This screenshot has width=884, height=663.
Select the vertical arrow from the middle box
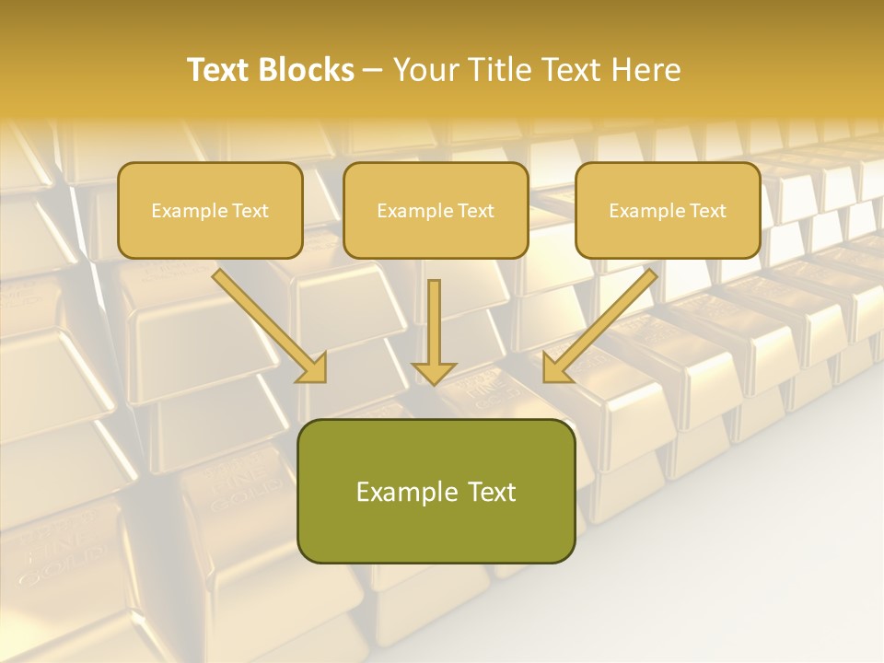tap(435, 322)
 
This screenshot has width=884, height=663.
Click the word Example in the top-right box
tap(645, 211)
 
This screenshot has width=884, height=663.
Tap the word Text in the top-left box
tap(250, 211)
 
